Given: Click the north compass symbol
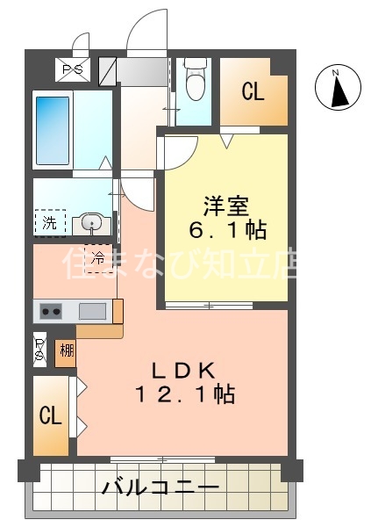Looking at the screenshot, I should (337, 88).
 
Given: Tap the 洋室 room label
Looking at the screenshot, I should (226, 207).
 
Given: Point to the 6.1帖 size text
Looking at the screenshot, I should (226, 232).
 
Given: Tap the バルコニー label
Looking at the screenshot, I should (160, 486).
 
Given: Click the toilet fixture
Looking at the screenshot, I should (195, 83).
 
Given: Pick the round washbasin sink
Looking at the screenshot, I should (91, 223).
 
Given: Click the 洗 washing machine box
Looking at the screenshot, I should (50, 223).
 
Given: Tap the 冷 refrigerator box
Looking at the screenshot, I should (98, 258).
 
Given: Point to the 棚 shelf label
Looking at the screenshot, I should (66, 351).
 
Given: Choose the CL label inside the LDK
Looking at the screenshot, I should (50, 415).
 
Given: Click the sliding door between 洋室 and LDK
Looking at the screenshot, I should (209, 306).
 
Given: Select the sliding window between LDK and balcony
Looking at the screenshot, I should (164, 458).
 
